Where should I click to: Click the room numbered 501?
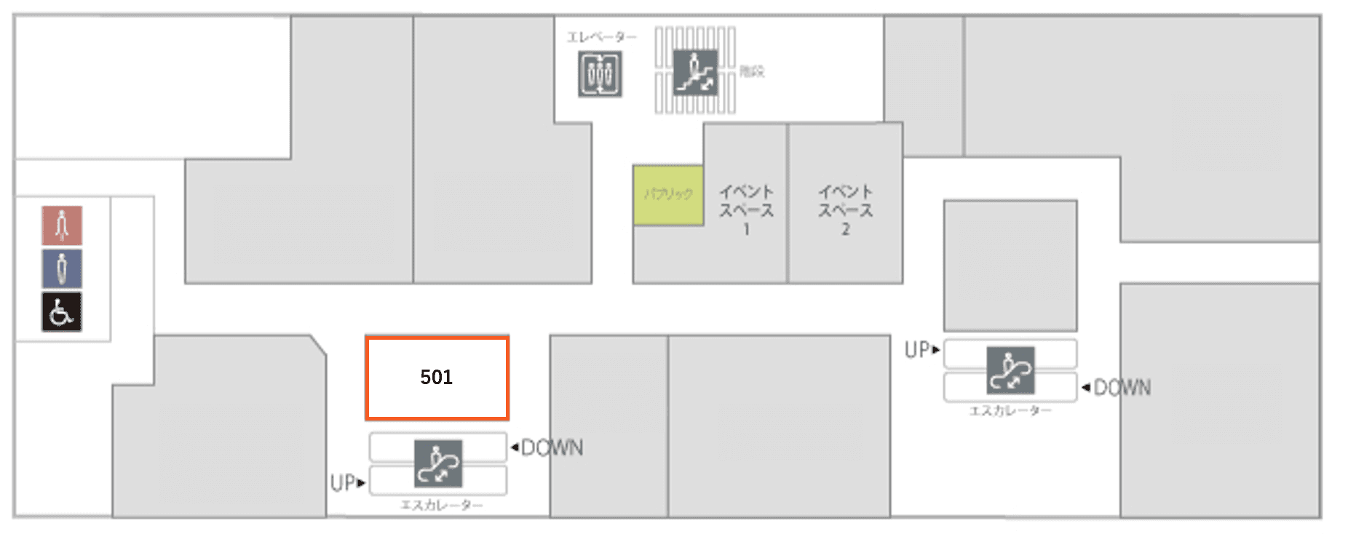pyautogui.click(x=437, y=378)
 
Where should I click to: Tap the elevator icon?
pyautogui.click(x=600, y=73)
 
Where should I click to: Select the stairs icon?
pyautogui.click(x=695, y=72)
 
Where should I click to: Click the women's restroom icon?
pyautogui.click(x=62, y=226)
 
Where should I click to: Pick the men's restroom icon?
pyautogui.click(x=62, y=268)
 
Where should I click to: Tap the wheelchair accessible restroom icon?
pyautogui.click(x=62, y=312)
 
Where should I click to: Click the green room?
pyautogui.click(x=667, y=195)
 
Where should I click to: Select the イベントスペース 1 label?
pyautogui.click(x=746, y=210)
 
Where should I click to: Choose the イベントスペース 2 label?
pyautogui.click(x=845, y=210)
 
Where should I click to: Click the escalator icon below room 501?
pyautogui.click(x=438, y=463)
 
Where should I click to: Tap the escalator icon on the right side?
pyautogui.click(x=1010, y=370)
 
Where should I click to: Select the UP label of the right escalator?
pyautogui.click(x=918, y=351)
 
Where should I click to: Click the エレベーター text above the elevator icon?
pyautogui.click(x=601, y=37)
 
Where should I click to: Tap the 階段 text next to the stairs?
pyautogui.click(x=752, y=71)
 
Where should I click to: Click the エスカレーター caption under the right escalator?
pyautogui.click(x=1010, y=411)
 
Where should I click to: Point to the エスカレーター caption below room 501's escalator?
pyautogui.click(x=441, y=505)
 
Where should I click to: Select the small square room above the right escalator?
pyautogui.click(x=1010, y=266)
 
